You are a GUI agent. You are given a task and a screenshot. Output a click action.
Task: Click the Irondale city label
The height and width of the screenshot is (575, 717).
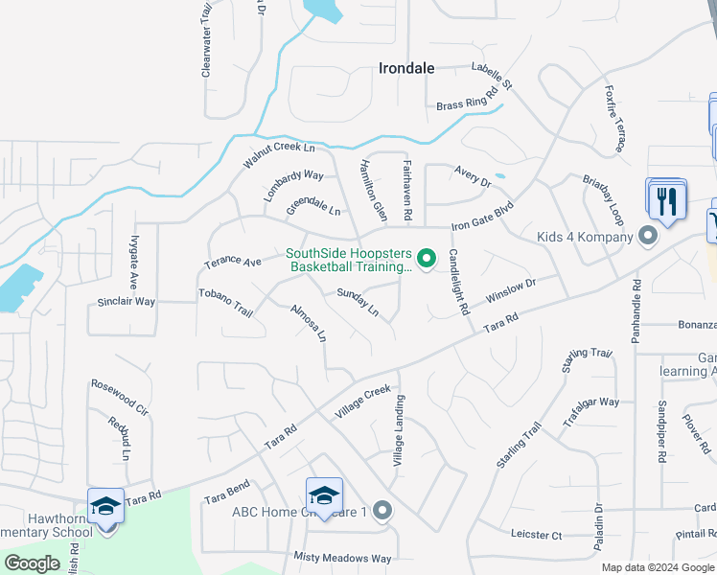[406, 68]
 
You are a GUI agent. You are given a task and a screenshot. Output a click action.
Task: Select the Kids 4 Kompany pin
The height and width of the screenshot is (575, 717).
[648, 236]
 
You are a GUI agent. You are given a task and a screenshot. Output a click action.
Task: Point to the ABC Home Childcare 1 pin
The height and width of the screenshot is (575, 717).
[382, 511]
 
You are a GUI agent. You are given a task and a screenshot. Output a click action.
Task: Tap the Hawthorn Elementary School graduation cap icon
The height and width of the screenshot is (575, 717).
[105, 505]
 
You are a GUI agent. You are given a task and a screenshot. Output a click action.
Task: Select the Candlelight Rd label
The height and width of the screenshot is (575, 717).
[456, 281]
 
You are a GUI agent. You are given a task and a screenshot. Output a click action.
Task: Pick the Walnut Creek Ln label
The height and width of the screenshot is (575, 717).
[278, 155]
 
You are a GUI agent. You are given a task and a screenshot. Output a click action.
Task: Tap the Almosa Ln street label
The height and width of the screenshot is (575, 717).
[309, 322]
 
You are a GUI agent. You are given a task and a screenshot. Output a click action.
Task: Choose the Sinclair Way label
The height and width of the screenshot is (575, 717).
[126, 301]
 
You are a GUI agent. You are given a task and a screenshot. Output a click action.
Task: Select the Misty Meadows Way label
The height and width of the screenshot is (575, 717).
[342, 558]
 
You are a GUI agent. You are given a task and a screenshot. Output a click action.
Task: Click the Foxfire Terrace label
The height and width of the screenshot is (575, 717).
[613, 119]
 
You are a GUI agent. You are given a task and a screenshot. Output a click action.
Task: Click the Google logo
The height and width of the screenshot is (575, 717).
[33, 563]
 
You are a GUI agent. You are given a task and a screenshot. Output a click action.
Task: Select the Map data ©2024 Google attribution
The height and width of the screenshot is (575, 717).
[657, 567]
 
